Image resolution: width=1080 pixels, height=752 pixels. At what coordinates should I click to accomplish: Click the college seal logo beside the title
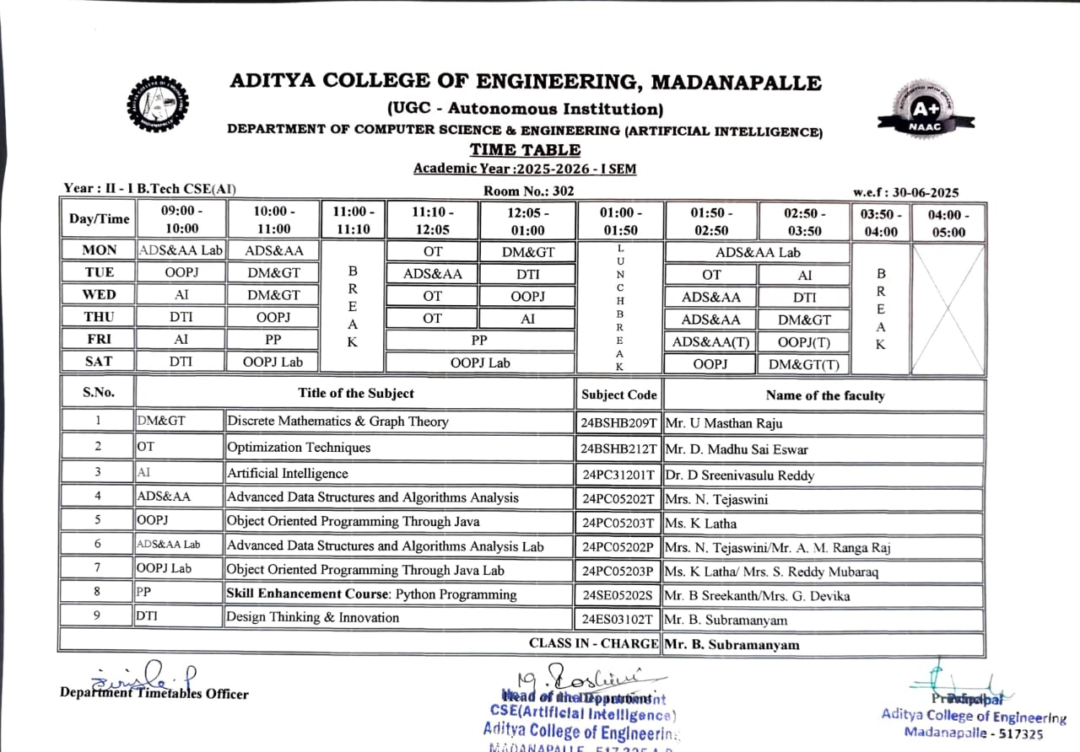click(157, 103)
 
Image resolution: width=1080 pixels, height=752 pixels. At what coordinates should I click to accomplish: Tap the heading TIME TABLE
click(525, 150)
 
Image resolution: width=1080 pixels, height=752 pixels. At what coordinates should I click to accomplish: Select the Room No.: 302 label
click(528, 191)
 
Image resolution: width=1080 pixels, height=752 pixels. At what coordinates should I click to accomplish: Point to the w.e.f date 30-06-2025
click(906, 193)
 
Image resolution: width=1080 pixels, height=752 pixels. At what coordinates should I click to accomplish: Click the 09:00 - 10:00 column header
click(181, 220)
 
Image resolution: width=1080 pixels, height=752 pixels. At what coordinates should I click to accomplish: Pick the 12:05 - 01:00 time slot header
click(527, 220)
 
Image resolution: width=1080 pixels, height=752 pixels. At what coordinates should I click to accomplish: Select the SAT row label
click(98, 361)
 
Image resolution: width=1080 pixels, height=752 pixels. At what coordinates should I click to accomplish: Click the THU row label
click(98, 316)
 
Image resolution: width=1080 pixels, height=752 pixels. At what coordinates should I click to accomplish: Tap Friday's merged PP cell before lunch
click(479, 339)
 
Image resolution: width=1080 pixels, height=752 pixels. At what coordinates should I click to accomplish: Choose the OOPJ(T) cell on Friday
click(803, 341)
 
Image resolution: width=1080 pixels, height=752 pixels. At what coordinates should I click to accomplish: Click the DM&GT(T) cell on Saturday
click(803, 364)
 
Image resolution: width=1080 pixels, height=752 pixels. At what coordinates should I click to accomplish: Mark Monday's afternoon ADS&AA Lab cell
click(758, 252)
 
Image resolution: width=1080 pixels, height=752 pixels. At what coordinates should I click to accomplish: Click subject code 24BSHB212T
click(618, 449)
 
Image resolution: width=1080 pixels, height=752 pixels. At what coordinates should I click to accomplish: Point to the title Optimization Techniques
click(299, 448)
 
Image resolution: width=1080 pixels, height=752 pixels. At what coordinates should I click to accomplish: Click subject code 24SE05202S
click(618, 595)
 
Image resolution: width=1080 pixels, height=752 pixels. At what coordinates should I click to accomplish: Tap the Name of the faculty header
click(824, 395)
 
